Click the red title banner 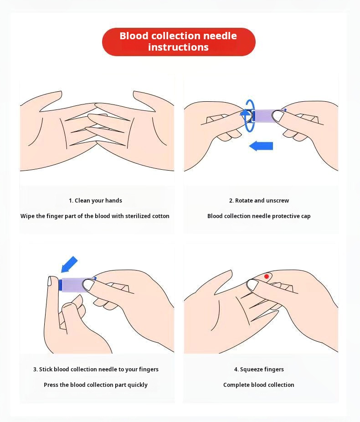179,42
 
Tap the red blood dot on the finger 267,276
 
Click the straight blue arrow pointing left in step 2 261,146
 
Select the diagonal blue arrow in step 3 69,264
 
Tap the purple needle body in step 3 73,285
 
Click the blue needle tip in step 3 60,285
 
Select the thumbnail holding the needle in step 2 278,116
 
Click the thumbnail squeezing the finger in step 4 253,285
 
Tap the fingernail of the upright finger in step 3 50,281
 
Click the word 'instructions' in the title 178,47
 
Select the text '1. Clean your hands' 95,200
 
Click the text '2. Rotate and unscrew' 259,200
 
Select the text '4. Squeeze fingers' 259,370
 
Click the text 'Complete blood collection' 259,385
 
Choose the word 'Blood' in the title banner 134,36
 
